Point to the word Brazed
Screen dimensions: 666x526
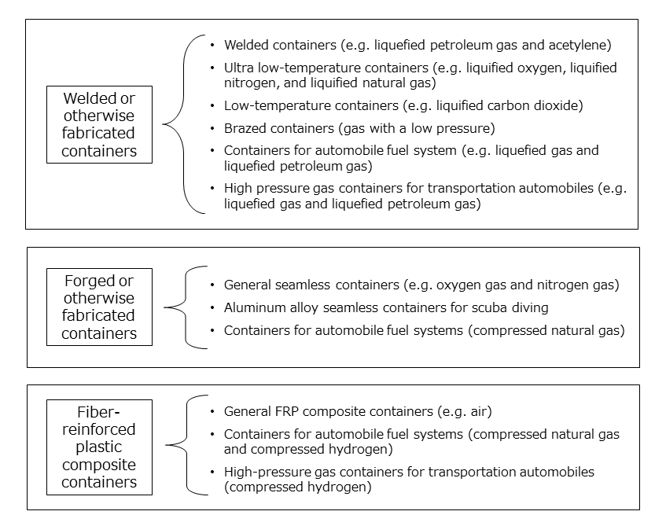pos(245,128)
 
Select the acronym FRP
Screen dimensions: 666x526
pos(287,411)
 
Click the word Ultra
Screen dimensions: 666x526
pos(239,68)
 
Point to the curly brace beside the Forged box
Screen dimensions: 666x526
pos(186,307)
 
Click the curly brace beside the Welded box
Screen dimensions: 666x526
pos(184,124)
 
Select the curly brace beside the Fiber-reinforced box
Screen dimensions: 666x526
pos(187,445)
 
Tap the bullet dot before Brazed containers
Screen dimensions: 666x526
pos(212,128)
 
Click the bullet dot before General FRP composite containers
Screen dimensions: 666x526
pos(212,411)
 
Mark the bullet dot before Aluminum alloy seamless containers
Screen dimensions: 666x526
pos(212,307)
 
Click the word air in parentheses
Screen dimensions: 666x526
pos(479,412)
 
